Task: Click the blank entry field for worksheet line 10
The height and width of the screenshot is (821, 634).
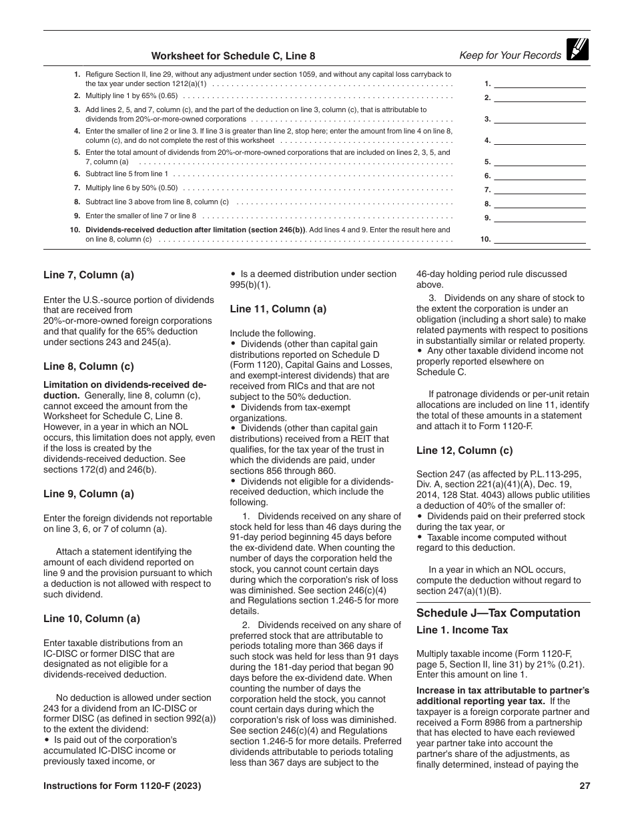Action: (539, 238)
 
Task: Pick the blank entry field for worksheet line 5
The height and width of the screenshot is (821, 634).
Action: (539, 161)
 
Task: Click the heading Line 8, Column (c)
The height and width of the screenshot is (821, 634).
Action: (89, 366)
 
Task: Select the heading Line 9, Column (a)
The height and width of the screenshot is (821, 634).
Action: (89, 494)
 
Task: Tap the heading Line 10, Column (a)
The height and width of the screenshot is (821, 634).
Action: (91, 618)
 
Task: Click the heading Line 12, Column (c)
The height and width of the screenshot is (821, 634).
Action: (464, 450)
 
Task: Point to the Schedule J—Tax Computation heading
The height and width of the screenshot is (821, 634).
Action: (498, 613)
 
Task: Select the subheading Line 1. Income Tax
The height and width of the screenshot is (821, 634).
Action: (462, 630)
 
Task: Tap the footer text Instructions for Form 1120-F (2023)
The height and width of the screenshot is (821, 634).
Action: (122, 786)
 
